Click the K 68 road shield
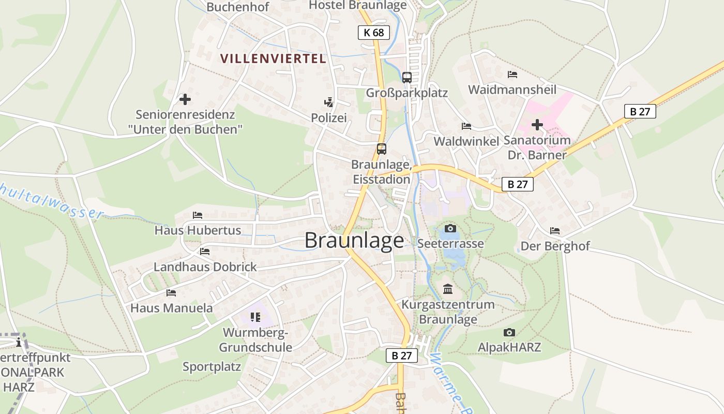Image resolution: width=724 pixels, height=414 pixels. [373, 33]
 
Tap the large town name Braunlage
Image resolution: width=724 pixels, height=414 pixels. [354, 241]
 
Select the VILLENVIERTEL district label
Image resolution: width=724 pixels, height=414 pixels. [273, 58]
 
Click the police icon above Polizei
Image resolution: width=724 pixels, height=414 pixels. [328, 102]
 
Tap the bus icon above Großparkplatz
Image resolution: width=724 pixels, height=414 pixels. [407, 78]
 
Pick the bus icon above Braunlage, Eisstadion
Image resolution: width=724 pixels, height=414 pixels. [382, 149]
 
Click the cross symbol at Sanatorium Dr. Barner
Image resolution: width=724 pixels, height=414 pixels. [537, 125]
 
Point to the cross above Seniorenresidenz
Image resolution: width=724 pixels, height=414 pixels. [185, 99]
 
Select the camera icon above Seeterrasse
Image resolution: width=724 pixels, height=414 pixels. [450, 228]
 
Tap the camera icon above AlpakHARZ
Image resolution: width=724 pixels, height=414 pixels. [509, 332]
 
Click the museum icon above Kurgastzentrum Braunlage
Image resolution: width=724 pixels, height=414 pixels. [448, 289]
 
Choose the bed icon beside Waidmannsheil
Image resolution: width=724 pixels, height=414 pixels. [512, 75]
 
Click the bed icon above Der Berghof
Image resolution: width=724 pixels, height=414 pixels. [555, 231]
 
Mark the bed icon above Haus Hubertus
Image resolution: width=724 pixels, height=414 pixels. [198, 215]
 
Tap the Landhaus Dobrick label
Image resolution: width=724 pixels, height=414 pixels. [205, 267]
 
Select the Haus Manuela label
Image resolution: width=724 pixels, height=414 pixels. [171, 308]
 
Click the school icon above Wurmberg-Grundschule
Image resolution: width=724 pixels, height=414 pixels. [255, 317]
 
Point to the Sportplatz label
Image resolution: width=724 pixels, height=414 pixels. [212, 367]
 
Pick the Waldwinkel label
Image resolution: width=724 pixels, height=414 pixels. [466, 141]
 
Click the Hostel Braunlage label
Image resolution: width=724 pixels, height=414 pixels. [357, 5]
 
